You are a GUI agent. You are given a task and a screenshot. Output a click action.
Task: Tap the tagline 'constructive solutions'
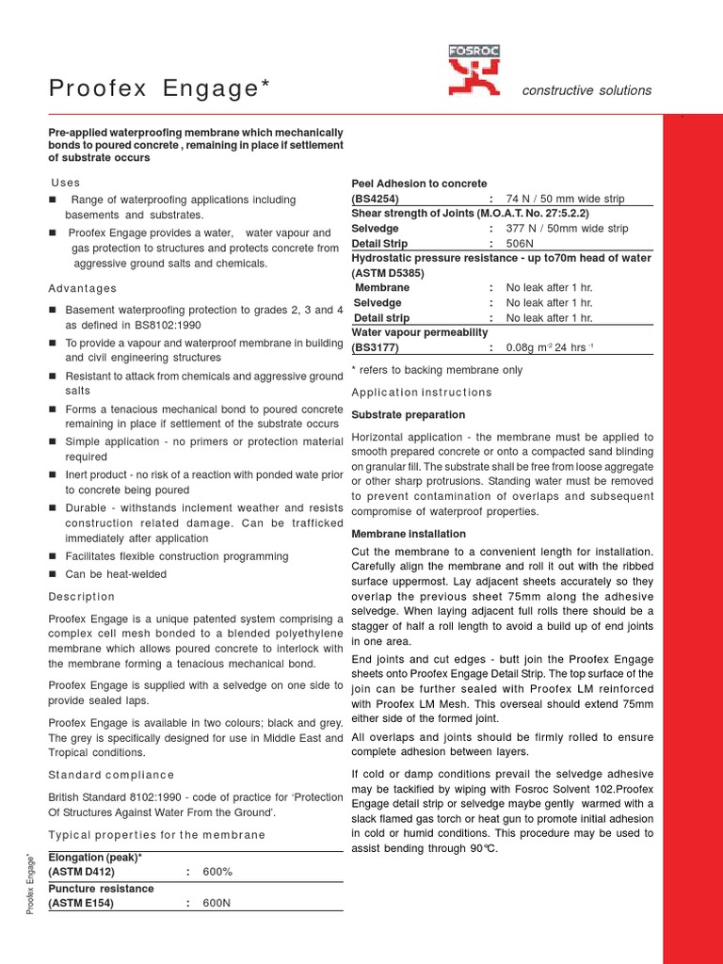click(586, 90)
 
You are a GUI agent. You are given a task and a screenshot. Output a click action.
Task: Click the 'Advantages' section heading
click(83, 288)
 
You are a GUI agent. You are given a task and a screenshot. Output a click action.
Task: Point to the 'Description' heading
click(81, 597)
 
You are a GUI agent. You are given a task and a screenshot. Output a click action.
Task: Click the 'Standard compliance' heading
click(111, 775)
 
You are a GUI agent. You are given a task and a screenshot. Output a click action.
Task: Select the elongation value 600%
click(217, 872)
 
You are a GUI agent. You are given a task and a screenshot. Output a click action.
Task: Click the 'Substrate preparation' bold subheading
click(408, 414)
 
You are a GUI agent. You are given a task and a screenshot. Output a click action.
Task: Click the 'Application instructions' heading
click(421, 392)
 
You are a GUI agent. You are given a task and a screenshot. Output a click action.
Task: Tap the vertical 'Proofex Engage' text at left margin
click(31, 885)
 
